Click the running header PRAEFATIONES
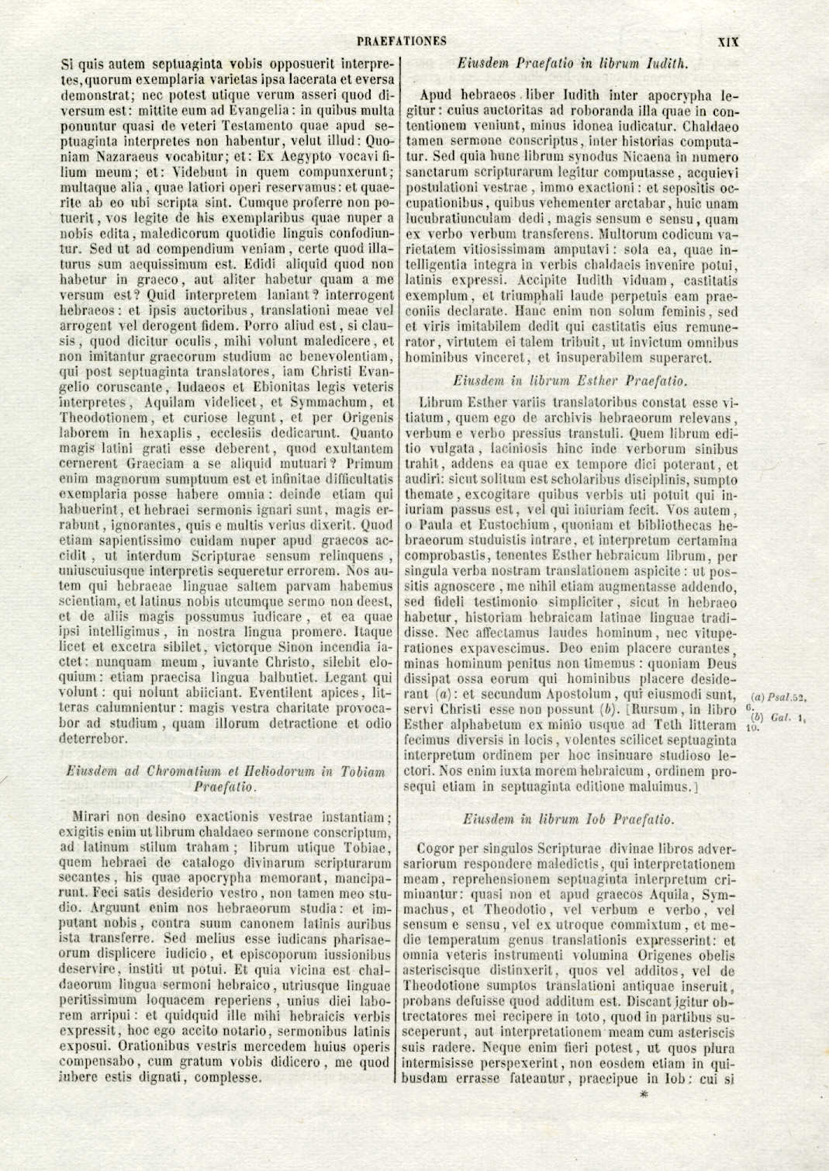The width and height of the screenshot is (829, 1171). point(402,41)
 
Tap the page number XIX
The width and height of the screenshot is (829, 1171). point(728,42)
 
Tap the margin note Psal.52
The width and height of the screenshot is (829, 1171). point(786,697)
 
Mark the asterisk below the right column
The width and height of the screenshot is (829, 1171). point(641,1095)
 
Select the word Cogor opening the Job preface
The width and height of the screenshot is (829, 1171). point(434,849)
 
